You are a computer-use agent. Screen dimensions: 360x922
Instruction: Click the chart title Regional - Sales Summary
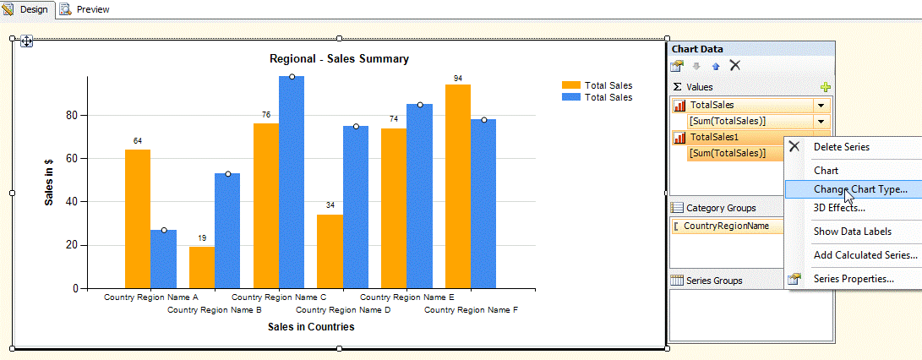[339, 59]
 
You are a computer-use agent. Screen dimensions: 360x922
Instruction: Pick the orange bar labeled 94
[458, 186]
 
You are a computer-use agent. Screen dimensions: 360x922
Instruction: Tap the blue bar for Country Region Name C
[292, 182]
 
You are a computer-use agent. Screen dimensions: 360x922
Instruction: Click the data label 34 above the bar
[330, 205]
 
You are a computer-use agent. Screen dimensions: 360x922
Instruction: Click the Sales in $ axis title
[49, 182]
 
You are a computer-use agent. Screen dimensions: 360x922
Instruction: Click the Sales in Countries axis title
[311, 327]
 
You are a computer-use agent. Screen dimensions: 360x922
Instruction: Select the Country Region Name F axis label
[471, 310]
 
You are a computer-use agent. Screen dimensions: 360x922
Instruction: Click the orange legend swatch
[571, 85]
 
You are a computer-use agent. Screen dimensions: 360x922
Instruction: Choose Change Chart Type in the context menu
[860, 189]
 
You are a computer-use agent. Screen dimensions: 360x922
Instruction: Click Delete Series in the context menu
[841, 147]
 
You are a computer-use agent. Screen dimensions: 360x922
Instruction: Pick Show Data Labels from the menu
[852, 232]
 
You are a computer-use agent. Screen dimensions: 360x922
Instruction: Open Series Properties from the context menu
[854, 279]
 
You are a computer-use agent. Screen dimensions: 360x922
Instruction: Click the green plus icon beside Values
[826, 87]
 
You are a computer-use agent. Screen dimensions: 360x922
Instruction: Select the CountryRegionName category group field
[726, 226]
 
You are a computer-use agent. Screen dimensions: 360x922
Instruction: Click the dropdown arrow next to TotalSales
[821, 106]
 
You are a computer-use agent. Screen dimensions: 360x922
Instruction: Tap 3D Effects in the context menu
[838, 208]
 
